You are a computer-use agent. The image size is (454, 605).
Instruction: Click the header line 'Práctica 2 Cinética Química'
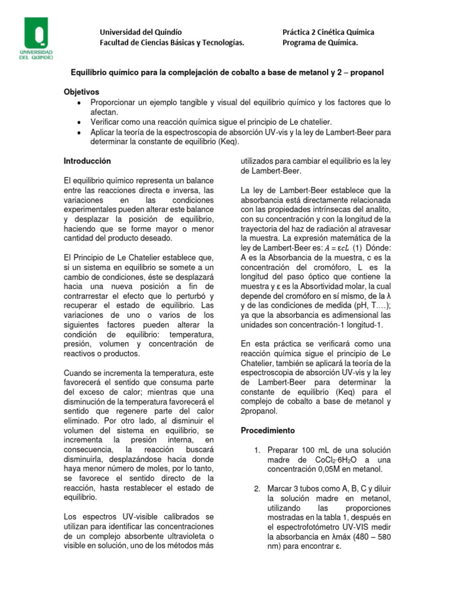[x=328, y=32]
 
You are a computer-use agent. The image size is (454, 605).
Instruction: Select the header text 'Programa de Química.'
[x=320, y=43]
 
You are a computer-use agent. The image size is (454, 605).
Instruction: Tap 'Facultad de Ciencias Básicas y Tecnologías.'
[x=171, y=43]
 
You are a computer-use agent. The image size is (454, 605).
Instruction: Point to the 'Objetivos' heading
[x=82, y=92]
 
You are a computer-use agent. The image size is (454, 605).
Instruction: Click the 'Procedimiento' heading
[x=268, y=430]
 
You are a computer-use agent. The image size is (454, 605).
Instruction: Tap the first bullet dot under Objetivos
[x=79, y=103]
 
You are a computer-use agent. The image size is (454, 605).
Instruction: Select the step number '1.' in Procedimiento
[x=257, y=450]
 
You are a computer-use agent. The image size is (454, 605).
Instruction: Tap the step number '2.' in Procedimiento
[x=257, y=488]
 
